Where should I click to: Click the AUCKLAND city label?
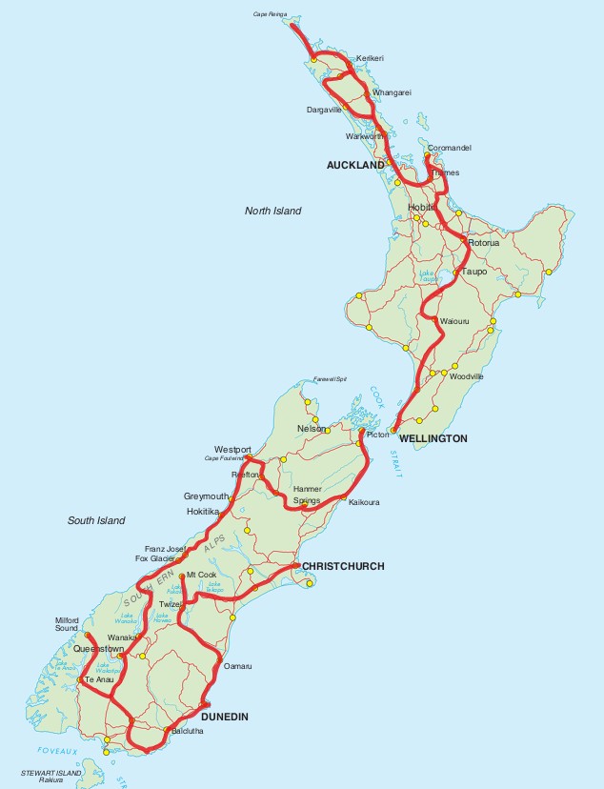355,165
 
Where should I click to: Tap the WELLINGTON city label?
433,438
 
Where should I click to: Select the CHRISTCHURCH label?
343,566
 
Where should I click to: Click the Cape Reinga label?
270,14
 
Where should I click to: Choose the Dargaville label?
324,110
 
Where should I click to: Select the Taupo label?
474,272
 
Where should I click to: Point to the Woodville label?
468,376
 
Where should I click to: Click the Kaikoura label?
365,501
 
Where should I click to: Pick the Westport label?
232,449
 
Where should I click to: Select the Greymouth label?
207,496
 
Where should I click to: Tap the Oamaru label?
237,666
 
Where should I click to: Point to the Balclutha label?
187,732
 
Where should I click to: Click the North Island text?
272,211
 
